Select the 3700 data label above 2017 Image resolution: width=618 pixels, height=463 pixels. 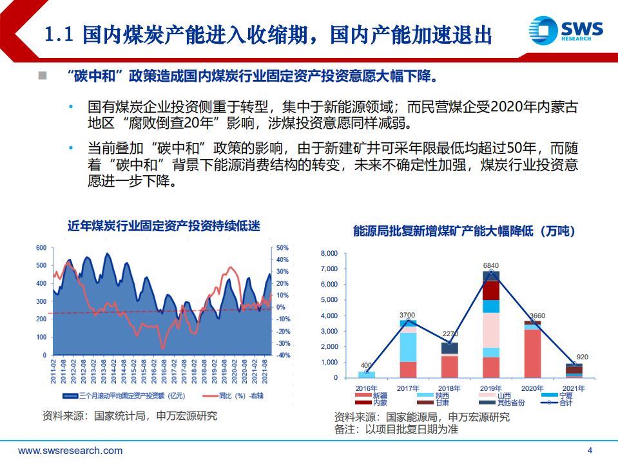point(407,315)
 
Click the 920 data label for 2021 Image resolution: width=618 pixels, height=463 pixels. point(582,357)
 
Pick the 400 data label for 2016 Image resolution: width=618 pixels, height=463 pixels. point(366,365)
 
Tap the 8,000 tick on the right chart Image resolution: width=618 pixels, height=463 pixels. point(329,254)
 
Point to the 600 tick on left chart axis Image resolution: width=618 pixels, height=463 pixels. point(41,248)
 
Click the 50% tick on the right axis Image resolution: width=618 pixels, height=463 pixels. point(282,248)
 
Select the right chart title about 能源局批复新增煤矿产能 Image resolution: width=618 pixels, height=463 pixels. point(463,231)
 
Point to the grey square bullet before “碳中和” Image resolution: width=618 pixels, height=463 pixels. point(43,76)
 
